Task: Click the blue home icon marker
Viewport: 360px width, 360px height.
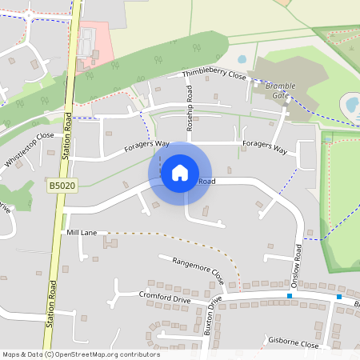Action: click(x=180, y=172)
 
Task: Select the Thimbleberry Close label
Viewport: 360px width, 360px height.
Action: click(x=214, y=74)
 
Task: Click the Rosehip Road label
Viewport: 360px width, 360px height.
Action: click(x=190, y=118)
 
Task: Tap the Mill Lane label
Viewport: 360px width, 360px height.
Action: click(x=82, y=232)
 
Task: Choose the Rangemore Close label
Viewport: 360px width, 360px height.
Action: click(x=192, y=268)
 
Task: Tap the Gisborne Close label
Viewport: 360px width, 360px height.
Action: click(x=294, y=345)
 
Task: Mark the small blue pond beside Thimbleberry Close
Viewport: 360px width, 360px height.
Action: click(x=242, y=59)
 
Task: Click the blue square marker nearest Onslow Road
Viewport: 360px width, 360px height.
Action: click(x=290, y=298)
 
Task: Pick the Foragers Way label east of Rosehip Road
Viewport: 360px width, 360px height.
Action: click(x=264, y=148)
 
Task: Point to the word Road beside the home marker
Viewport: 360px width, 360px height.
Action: click(x=206, y=182)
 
